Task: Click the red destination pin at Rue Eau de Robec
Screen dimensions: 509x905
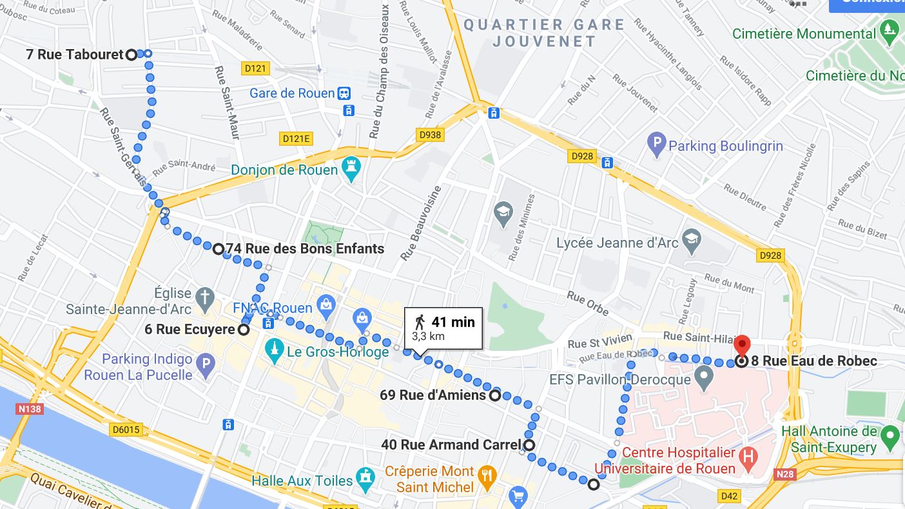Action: [x=742, y=346]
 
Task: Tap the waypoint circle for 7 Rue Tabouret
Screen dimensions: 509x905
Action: [x=131, y=55]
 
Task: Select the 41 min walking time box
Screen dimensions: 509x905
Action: [x=443, y=328]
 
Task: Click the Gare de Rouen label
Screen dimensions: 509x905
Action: [x=292, y=94]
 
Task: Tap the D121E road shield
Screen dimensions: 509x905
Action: [x=297, y=139]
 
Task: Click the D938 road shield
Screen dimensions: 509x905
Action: [x=430, y=134]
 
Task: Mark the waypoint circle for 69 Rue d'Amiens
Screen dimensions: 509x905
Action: [x=494, y=395]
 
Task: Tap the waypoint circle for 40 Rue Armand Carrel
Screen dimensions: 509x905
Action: [x=529, y=445]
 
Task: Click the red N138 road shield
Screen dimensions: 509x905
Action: [x=30, y=408]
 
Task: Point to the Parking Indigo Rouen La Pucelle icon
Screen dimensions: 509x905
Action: [x=205, y=366]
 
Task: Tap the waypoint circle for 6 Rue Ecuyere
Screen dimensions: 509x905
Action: [x=244, y=330]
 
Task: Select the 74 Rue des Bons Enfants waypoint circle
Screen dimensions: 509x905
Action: [x=218, y=249]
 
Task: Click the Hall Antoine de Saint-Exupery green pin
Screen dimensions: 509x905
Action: [x=890, y=437]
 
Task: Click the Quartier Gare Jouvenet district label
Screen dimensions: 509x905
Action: [x=545, y=33]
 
